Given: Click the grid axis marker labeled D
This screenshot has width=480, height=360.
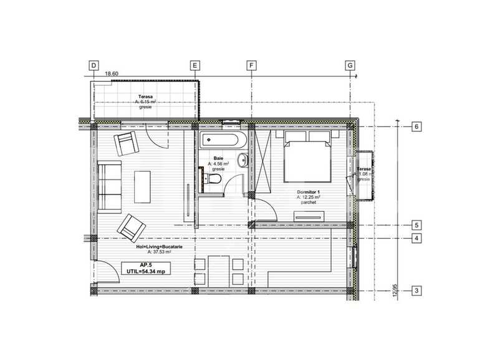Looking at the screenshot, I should click(94, 65).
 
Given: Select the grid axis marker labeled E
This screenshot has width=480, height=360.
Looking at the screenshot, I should click(194, 65).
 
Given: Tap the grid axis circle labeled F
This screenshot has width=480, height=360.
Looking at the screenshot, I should click(251, 65).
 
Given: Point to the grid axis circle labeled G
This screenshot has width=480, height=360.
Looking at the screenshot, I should click(350, 65).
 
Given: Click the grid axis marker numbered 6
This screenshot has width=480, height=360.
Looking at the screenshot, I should click(416, 126).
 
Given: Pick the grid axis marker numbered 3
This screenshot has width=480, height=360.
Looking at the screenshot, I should click(416, 290).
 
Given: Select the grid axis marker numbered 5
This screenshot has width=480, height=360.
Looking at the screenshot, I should click(416, 225).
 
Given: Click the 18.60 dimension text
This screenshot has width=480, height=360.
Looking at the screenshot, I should click(112, 73).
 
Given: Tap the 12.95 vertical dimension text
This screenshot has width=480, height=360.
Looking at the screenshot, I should click(395, 291).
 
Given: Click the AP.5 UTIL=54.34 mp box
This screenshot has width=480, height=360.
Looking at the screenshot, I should click(145, 268).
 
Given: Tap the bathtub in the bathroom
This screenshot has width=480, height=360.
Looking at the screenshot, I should click(223, 141).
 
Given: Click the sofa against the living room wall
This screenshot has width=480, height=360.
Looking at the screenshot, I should click(108, 186).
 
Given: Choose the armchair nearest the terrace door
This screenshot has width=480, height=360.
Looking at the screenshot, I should click(127, 144).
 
